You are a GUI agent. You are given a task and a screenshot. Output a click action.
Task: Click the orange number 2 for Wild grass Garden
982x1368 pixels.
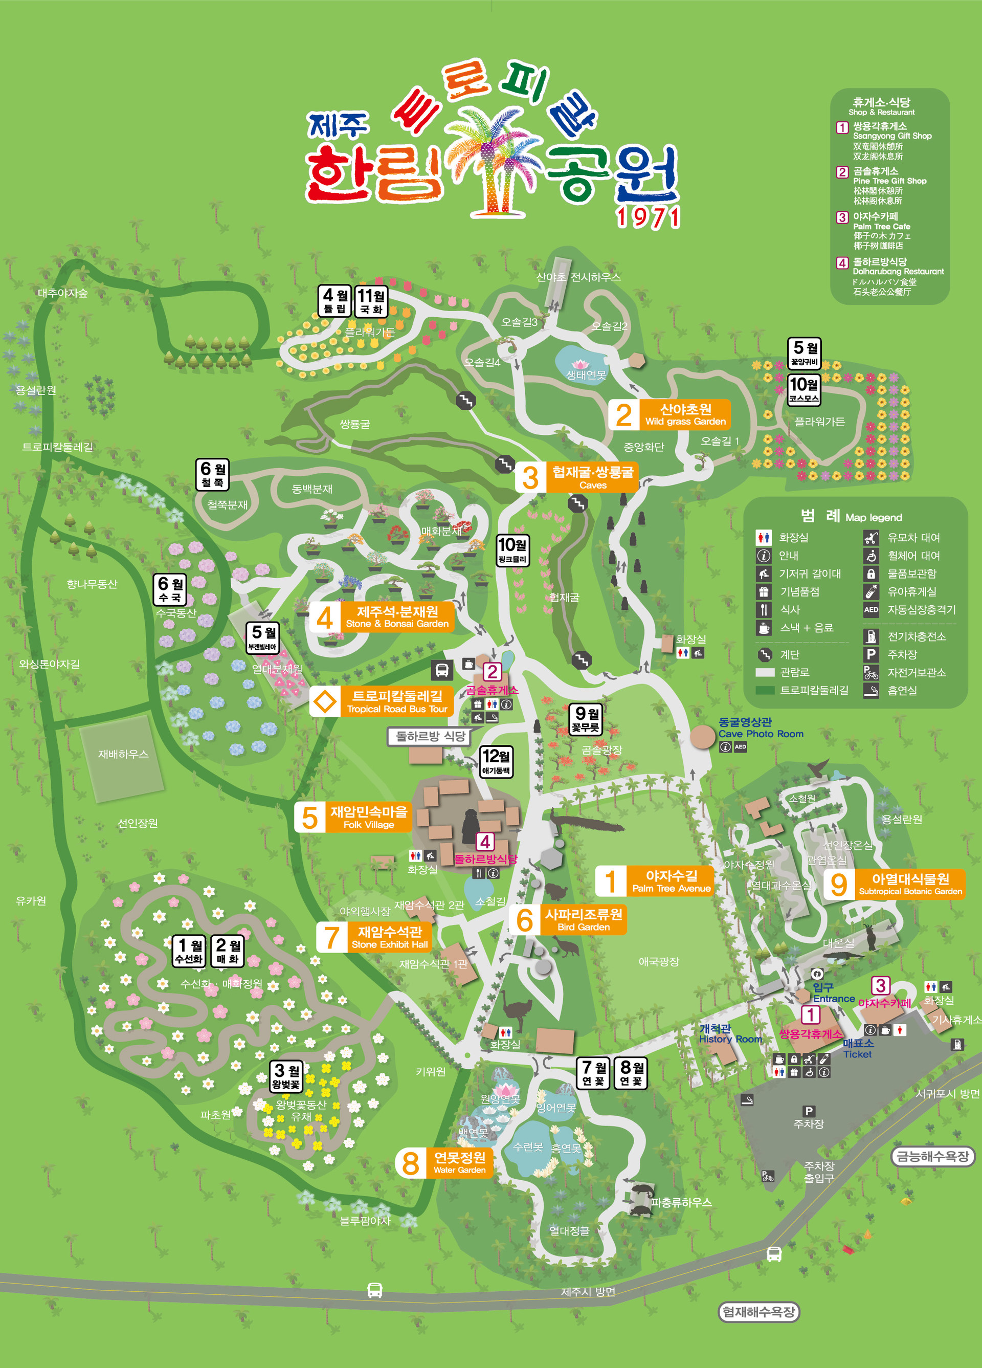623,415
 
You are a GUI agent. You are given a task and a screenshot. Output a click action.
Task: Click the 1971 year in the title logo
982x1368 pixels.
648,218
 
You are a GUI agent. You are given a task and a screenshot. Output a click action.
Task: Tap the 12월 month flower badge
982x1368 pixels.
496,762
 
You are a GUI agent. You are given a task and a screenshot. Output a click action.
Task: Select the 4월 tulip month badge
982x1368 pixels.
335,301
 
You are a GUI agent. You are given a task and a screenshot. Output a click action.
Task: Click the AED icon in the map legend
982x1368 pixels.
871,610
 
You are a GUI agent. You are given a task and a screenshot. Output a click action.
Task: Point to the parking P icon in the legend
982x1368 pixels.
871,654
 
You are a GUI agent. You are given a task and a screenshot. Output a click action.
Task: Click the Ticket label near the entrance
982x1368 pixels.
857,1054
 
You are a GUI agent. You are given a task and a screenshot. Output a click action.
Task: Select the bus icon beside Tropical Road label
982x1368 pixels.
441,670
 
